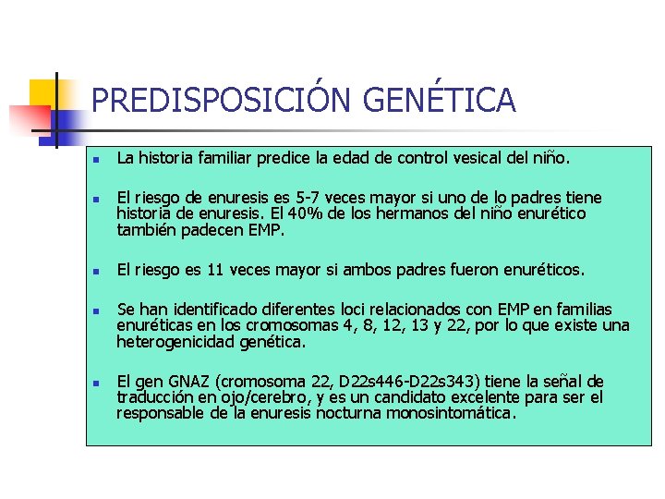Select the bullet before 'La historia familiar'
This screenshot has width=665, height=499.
click(95, 160)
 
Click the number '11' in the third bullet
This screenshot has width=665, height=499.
click(216, 270)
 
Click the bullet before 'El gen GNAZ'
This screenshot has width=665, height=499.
click(95, 382)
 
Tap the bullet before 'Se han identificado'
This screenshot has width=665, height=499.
click(95, 310)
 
